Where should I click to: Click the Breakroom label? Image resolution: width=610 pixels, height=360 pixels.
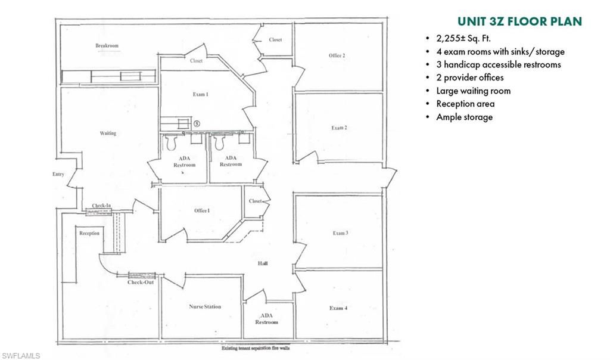pos(107,46)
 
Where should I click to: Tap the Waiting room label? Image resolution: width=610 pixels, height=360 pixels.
pos(108,133)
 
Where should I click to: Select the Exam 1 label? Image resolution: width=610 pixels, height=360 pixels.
pos(199,94)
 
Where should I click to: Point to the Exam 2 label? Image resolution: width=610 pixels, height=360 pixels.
pos(339,128)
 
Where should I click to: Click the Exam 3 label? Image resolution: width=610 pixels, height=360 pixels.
pos(340,232)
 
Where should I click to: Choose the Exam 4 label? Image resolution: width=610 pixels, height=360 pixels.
pos(338,308)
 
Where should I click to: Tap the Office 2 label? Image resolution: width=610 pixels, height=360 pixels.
pos(337,55)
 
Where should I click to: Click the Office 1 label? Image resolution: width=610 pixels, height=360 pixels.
pos(202,210)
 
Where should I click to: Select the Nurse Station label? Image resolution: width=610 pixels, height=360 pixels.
pos(205,306)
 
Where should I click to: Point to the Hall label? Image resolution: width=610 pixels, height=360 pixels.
pos(262,263)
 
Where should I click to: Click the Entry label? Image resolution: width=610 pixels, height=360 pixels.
pos(58,175)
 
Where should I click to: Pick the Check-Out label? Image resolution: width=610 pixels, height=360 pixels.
pos(141,282)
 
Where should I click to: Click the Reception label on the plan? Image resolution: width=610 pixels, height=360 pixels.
pos(89,233)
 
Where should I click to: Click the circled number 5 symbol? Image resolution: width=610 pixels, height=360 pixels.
pos(197,123)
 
